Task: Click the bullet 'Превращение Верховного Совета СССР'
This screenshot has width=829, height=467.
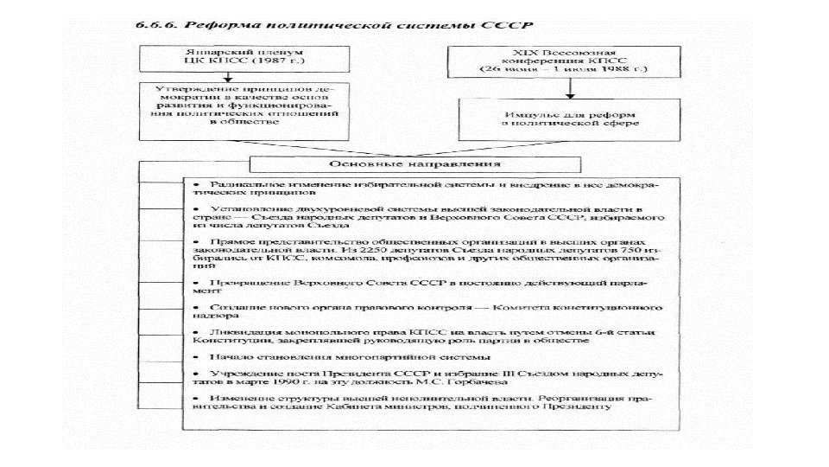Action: click(424, 286)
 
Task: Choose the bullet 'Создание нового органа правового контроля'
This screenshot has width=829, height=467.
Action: click(424, 312)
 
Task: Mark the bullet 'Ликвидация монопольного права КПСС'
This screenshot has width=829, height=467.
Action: click(424, 337)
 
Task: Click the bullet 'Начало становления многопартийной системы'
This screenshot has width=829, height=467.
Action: click(345, 356)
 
